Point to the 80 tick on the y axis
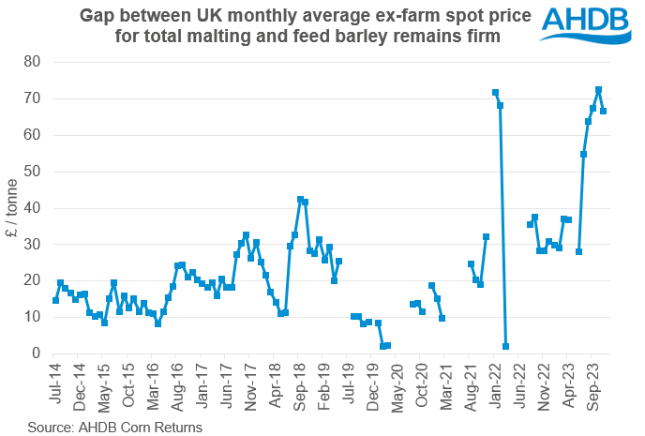37,62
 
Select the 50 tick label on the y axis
37,171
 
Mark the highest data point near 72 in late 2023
598,90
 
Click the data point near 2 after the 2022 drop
505,346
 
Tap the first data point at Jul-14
55,300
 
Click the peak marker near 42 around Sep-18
300,199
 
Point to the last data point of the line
603,111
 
